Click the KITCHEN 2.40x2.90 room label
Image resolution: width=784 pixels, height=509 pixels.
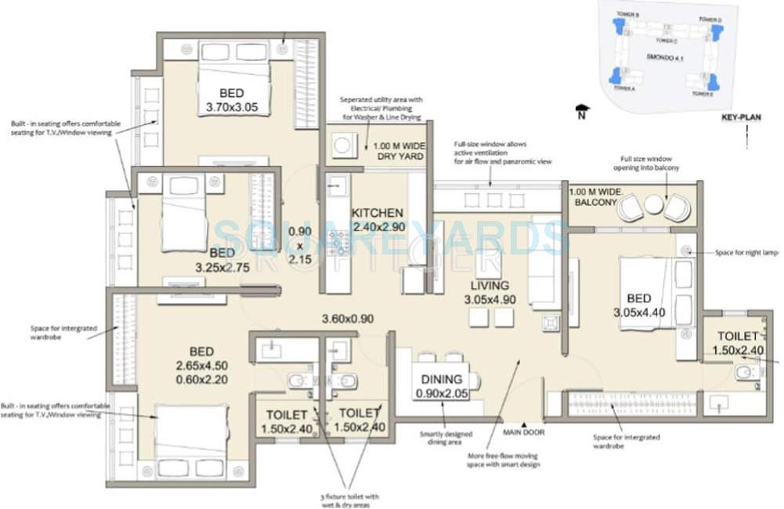[x=378, y=220]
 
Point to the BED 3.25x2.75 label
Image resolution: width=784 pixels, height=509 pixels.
[x=222, y=260]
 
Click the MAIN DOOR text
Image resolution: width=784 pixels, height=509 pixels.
[x=523, y=431]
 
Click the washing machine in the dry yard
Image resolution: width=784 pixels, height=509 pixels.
[x=342, y=145]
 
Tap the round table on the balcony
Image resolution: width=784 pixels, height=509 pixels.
[x=653, y=206]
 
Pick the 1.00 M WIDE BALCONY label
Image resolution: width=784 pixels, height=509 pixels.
[x=594, y=197]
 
